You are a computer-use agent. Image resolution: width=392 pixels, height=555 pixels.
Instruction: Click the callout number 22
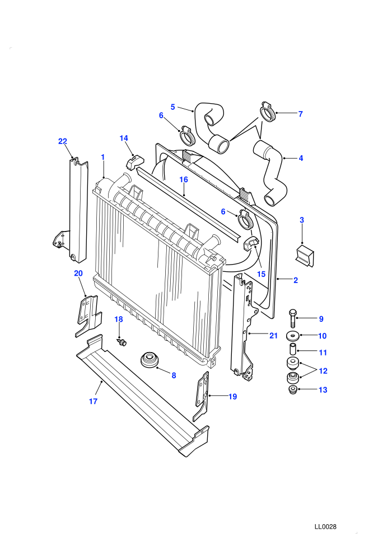63,141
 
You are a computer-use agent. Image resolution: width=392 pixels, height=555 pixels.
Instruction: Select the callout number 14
124,138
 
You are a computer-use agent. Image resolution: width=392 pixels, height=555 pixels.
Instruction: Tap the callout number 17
93,401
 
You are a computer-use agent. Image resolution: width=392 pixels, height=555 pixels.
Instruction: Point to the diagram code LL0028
325,526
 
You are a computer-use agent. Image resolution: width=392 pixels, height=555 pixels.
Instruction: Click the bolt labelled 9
293,318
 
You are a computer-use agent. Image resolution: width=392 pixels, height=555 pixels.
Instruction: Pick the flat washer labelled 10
292,335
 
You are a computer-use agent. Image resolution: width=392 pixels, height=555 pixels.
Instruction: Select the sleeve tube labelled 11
293,349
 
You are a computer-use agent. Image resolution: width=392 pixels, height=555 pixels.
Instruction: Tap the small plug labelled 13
293,390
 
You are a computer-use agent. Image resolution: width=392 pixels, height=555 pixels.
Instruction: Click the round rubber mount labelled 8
150,360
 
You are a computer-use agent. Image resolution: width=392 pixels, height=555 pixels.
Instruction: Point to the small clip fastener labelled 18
122,343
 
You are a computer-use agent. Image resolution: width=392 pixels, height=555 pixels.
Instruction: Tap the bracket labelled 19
202,396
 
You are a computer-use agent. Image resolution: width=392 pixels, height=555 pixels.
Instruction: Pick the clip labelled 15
251,244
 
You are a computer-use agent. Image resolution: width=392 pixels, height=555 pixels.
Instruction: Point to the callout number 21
274,336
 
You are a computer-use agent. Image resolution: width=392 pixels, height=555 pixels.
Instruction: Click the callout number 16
184,179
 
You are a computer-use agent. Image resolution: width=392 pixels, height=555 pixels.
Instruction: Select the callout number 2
296,280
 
